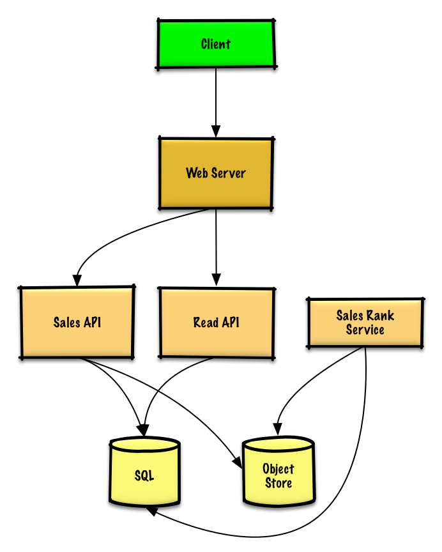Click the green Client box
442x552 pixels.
[x=216, y=44]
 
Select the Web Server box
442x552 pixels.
[x=216, y=173]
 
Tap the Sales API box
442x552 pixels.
[x=77, y=323]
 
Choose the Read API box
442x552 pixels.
[x=217, y=323]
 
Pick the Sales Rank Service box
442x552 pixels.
[x=365, y=323]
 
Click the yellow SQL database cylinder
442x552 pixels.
[x=144, y=476]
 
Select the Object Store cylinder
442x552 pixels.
[x=278, y=476]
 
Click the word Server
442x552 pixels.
[x=229, y=173]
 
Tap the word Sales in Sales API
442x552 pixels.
[x=66, y=323]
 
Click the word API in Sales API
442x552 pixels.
[x=92, y=323]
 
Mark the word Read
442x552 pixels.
[x=206, y=323]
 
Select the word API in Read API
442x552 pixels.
[x=231, y=323]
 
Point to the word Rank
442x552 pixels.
[x=381, y=316]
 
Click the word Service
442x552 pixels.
[x=365, y=330]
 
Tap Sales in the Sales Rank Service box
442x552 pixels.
[x=350, y=316]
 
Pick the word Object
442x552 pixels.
[x=278, y=469]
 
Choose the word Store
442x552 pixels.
[x=278, y=484]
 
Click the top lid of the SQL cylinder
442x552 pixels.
[x=144, y=445]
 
